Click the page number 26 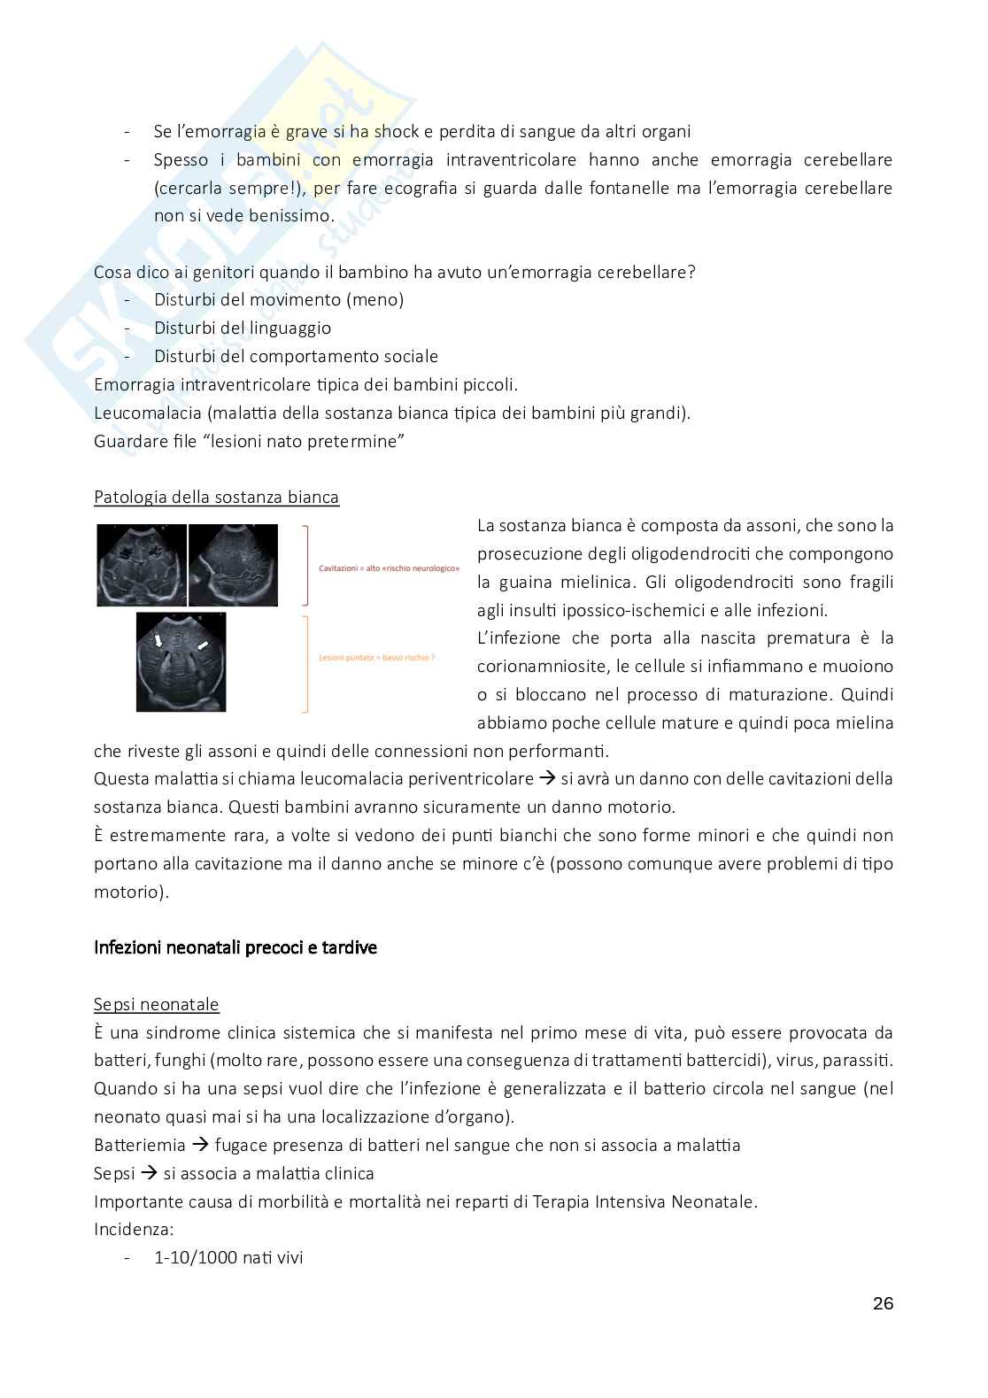[882, 1303]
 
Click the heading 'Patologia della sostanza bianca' [216, 497]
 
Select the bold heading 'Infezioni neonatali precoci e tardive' [235, 947]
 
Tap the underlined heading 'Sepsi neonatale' [156, 1004]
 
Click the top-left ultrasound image [142, 565]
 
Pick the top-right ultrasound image [234, 565]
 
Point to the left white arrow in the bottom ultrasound [160, 639]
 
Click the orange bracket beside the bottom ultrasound [305, 663]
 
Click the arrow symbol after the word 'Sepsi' [149, 1173]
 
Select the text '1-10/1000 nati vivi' [228, 1257]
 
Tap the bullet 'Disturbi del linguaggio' [242, 328]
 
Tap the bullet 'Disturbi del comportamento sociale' [296, 356]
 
